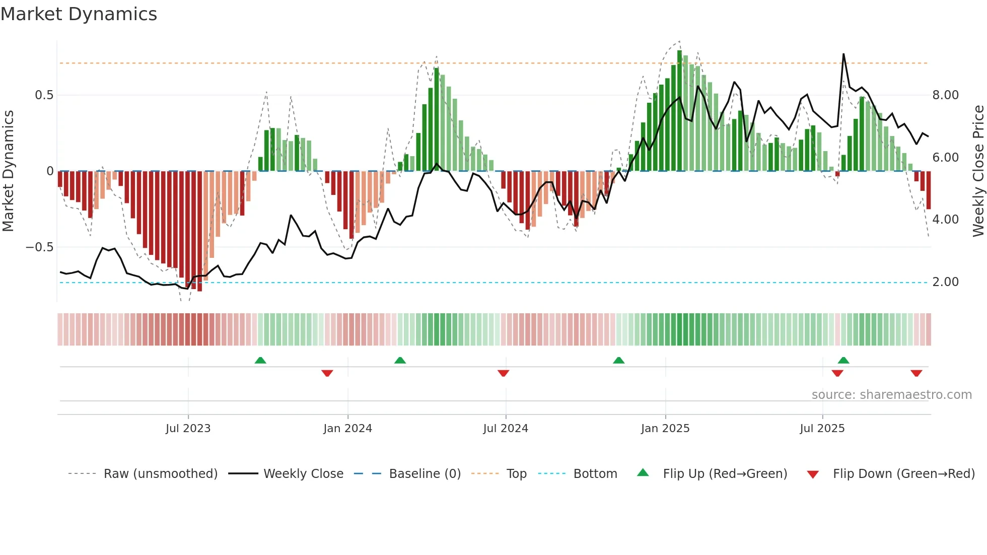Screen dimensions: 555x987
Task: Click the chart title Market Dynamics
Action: point(79,14)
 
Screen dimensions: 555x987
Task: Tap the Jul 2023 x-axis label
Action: point(188,429)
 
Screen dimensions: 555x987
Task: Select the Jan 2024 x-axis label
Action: point(347,429)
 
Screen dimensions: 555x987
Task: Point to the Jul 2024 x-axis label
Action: point(506,429)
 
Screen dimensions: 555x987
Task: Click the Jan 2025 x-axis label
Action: point(665,429)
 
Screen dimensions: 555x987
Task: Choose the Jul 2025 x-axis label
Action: point(822,429)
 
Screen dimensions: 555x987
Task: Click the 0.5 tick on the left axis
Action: point(44,95)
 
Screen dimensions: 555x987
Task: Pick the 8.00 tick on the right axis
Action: point(945,95)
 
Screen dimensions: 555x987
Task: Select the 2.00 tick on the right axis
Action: point(945,282)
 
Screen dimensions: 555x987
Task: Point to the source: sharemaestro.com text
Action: point(891,395)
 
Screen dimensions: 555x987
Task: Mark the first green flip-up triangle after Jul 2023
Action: point(260,360)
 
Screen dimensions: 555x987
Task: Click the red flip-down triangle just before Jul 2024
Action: point(503,373)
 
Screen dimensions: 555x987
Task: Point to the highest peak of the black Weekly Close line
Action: point(843,54)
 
